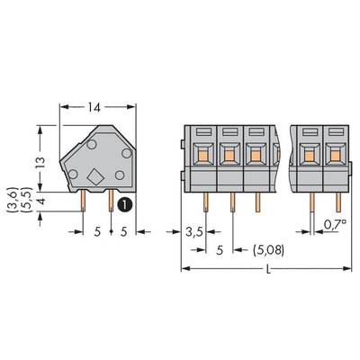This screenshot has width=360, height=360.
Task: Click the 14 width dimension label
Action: pyautogui.click(x=94, y=107)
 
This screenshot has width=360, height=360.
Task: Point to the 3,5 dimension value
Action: pyautogui.click(x=194, y=232)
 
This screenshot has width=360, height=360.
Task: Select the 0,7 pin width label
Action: pyautogui.click(x=334, y=224)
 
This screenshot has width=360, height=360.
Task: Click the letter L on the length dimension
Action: pyautogui.click(x=268, y=270)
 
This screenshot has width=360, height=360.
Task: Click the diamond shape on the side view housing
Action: pyautogui.click(x=95, y=176)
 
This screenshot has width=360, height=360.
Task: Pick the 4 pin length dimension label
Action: pyautogui.click(x=41, y=201)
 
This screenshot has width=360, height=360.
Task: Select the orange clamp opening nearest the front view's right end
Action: pyautogui.click(x=335, y=156)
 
